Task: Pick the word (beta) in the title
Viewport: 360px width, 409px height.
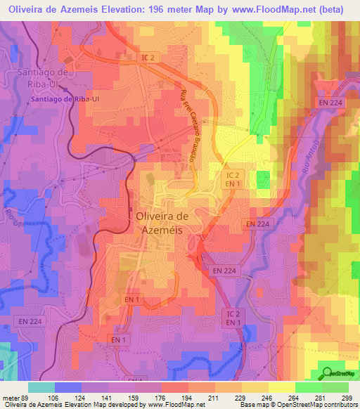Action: (331, 10)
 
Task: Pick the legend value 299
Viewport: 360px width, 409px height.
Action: (347, 397)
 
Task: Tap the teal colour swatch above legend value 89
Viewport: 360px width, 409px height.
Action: (41, 387)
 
